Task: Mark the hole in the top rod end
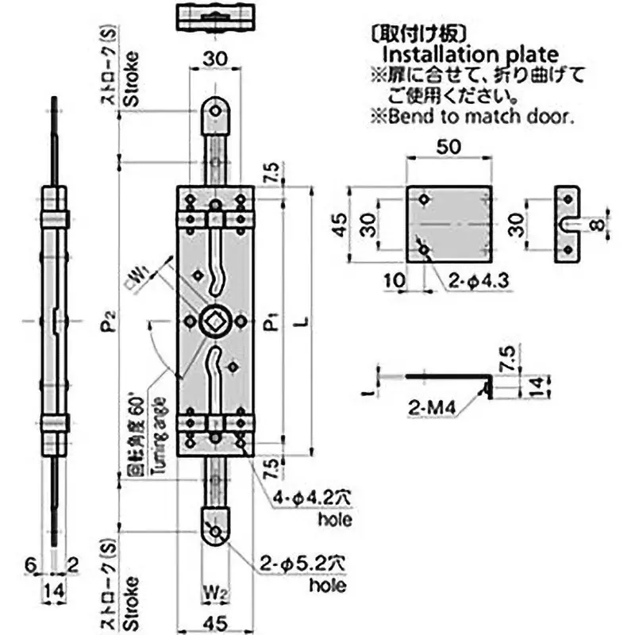(x=214, y=112)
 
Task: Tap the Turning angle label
(x=161, y=433)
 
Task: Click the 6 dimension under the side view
(x=30, y=564)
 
